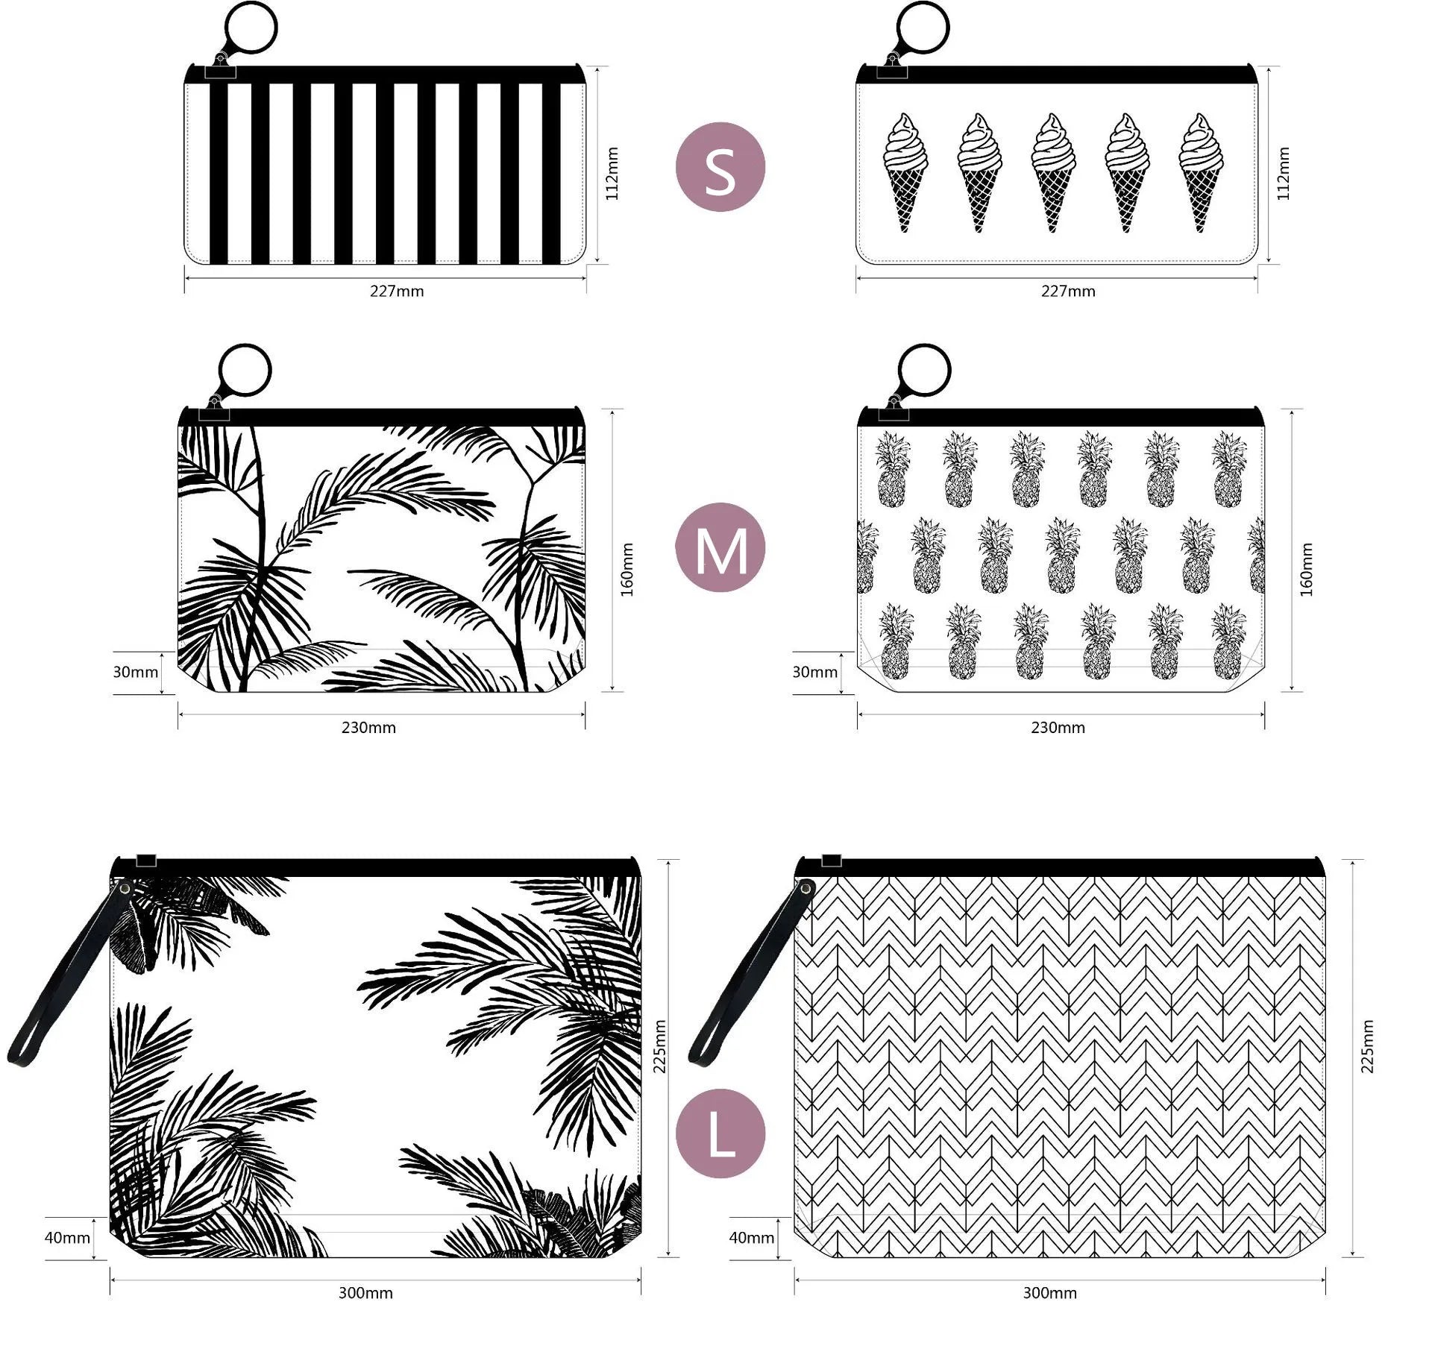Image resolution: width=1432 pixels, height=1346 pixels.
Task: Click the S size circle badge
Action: [x=720, y=167]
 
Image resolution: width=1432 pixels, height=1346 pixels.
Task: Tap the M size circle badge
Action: [x=720, y=547]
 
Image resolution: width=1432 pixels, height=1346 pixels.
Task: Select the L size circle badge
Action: [x=720, y=1133]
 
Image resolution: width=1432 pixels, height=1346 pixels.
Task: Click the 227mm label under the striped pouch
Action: [x=397, y=292]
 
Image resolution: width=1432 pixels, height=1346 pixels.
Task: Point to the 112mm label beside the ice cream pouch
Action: [x=1284, y=174]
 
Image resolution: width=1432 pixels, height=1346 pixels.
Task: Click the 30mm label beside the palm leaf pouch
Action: [x=135, y=672]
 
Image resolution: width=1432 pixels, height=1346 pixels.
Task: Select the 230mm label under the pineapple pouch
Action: [x=1058, y=728]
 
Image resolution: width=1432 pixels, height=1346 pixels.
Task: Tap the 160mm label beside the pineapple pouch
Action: [x=1306, y=569]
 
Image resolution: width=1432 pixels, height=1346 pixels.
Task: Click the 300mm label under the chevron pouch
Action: [x=1049, y=1293]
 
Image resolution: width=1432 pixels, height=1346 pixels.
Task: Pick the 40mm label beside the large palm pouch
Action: [x=67, y=1238]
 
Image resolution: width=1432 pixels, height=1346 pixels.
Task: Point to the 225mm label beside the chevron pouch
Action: [x=1367, y=1046]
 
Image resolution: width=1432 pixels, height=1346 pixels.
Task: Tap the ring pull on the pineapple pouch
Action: [x=925, y=370]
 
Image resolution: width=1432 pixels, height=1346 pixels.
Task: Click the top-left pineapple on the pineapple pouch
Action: [x=893, y=470]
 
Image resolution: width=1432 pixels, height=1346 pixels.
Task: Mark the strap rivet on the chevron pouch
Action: [x=805, y=887]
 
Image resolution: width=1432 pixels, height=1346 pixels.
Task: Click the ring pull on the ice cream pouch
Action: [x=923, y=28]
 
